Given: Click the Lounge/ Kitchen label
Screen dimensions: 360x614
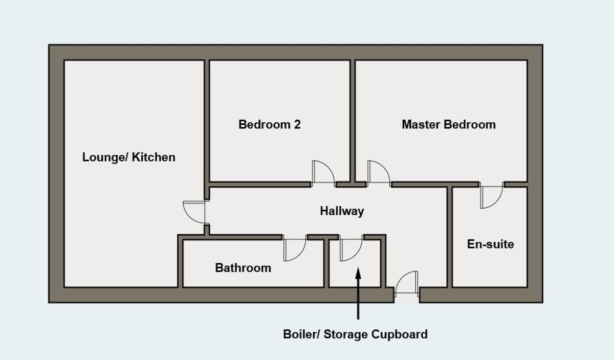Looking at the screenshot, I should coord(128,157).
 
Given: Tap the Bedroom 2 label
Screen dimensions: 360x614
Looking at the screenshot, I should coord(269,124).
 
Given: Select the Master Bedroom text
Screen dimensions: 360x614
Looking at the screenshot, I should coord(448,124).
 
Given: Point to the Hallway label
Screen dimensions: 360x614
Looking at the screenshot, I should coord(342,211).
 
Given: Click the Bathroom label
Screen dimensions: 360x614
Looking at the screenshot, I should coord(243,267).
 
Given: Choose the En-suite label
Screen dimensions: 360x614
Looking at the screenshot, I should coord(490,244).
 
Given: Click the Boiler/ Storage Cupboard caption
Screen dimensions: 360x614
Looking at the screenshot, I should coord(355,334).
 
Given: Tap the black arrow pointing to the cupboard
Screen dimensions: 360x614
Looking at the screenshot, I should coord(358,291).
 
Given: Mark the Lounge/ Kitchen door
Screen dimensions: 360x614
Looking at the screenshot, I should coord(195,211).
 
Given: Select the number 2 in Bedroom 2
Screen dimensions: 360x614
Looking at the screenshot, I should coord(297,124).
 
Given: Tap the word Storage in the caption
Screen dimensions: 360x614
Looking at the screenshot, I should coord(346,334).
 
